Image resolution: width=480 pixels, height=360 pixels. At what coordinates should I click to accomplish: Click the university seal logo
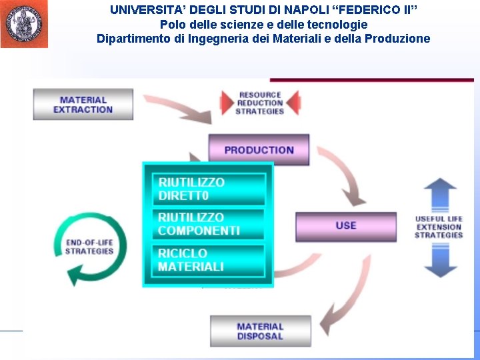coord(24,24)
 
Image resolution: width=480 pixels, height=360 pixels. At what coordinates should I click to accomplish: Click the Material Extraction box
coord(83,105)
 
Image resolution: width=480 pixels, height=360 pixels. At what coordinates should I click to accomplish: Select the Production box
coord(259,150)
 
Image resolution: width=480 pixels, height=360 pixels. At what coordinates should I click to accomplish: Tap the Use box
coord(345,225)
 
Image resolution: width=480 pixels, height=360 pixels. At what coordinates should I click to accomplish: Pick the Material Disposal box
coord(260,331)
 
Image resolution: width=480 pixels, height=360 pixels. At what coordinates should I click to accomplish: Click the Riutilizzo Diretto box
coord(209,189)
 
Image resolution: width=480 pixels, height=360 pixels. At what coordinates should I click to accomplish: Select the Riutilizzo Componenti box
coord(209,224)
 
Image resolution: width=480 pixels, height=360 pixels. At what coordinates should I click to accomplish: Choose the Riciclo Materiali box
coord(209,260)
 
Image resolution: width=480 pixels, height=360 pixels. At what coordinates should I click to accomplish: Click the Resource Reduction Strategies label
coord(260,103)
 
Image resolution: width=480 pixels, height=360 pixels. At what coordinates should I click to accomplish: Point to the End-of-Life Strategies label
coord(89,247)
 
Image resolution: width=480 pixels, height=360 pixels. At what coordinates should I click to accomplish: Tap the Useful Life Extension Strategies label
coord(439,227)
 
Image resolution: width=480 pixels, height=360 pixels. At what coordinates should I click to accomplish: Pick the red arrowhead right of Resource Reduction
coord(293,102)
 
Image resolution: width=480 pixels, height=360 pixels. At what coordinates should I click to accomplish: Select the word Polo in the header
coord(171,24)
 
